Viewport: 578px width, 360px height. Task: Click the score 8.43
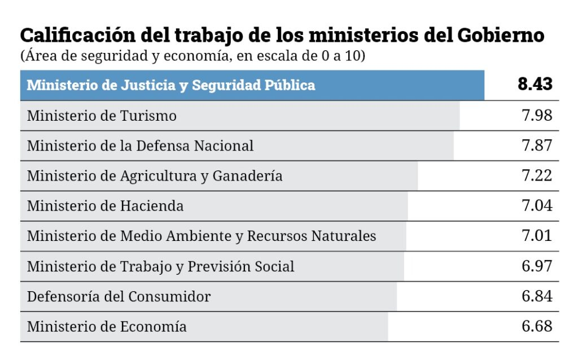tap(535, 84)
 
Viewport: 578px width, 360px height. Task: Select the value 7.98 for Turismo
tap(537, 115)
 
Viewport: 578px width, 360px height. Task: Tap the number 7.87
tap(537, 146)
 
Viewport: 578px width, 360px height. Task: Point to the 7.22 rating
tap(537, 175)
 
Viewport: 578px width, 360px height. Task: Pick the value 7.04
tap(537, 205)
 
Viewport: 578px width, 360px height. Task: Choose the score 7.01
tap(537, 235)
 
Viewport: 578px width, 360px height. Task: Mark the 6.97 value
tap(537, 266)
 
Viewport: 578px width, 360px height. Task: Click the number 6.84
tap(537, 296)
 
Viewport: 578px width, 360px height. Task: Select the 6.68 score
tap(537, 326)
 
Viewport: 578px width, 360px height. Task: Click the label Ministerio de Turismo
tap(102, 116)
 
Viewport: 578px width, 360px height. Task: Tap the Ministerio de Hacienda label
tap(105, 205)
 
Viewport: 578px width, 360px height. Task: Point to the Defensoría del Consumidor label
tap(119, 296)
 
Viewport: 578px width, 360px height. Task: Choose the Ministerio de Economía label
tap(107, 327)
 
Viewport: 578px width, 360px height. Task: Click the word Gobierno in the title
tap(501, 36)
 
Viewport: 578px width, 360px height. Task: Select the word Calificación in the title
tap(78, 36)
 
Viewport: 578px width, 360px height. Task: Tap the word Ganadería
tap(247, 175)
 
